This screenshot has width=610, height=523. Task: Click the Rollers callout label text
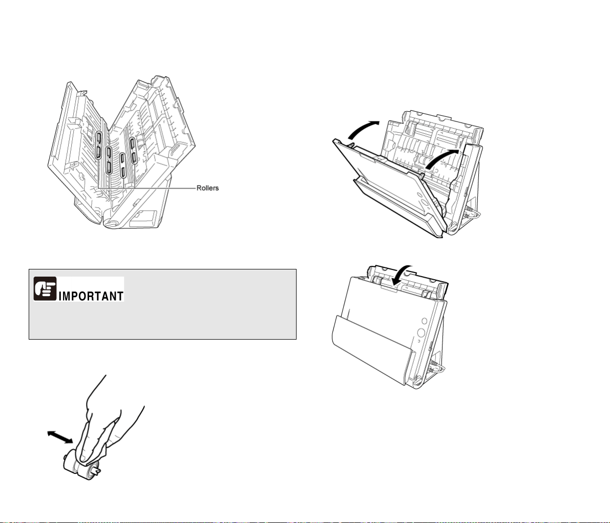click(x=207, y=188)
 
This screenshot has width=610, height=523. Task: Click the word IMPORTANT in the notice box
click(x=91, y=296)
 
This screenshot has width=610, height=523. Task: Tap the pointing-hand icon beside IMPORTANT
click(x=45, y=289)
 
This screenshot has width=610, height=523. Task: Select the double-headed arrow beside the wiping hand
click(x=60, y=437)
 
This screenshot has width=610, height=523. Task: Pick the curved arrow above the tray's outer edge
click(x=363, y=130)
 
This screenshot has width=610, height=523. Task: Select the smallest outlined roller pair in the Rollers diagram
click(x=122, y=165)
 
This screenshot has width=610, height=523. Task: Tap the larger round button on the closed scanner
click(x=420, y=333)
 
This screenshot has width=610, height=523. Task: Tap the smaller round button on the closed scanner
click(x=424, y=321)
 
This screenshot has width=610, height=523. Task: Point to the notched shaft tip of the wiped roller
click(x=96, y=472)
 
